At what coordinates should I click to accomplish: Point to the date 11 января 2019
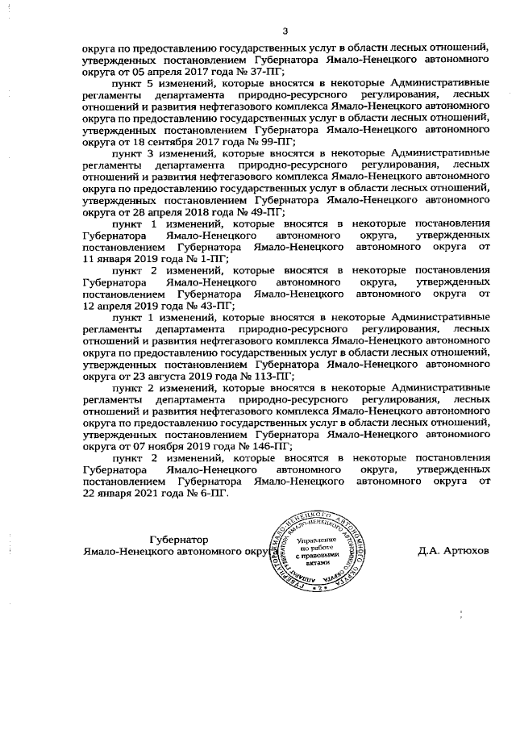123,259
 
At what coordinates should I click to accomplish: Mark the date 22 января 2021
125,494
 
